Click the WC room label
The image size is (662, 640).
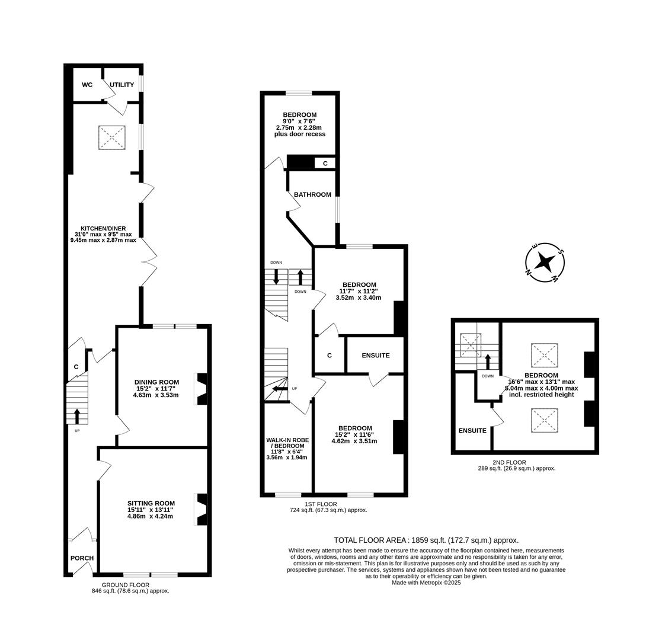[87, 85]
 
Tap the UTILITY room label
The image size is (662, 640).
[121, 85]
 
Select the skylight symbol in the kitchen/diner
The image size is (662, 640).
[111, 137]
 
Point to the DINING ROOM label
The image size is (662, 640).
[156, 382]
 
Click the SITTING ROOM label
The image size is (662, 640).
[151, 503]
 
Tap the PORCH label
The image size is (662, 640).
[82, 558]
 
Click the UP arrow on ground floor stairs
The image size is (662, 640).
[77, 415]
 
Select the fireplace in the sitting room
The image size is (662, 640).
[202, 509]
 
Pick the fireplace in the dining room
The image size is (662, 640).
[202, 389]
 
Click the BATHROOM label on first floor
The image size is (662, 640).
[312, 194]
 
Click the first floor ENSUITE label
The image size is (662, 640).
[375, 356]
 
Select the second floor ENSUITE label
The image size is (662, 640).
[472, 430]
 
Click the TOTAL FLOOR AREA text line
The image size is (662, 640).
[426, 540]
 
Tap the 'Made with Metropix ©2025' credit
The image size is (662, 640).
[426, 583]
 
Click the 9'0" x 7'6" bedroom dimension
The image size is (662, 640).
[299, 121]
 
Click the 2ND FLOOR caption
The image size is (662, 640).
[509, 462]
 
